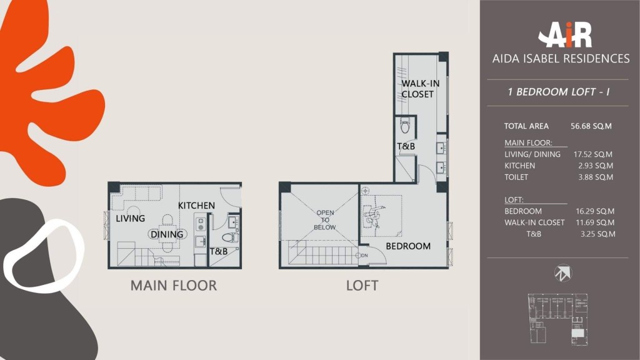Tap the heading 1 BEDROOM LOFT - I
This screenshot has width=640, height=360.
click(558, 92)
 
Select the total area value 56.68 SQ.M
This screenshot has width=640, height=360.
click(591, 126)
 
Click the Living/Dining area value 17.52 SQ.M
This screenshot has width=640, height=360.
click(592, 154)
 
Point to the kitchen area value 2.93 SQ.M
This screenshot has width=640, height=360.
click(596, 166)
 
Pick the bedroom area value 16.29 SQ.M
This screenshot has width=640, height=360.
click(595, 211)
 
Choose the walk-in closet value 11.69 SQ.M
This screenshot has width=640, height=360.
click(595, 223)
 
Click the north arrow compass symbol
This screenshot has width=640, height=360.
click(563, 273)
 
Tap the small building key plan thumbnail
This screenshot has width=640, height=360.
click(558, 319)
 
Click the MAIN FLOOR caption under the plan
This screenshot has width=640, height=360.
click(174, 286)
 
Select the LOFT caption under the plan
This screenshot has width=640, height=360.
click(362, 286)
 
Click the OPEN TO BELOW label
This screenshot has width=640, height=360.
click(325, 220)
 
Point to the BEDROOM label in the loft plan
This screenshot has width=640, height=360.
click(408, 246)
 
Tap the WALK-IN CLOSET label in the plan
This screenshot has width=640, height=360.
click(421, 89)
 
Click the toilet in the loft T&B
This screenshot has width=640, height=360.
click(405, 126)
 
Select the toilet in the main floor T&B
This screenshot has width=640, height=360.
click(230, 237)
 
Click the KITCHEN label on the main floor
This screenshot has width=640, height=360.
click(196, 205)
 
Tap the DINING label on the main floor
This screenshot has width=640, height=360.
click(167, 234)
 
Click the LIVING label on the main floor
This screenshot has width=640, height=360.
click(130, 218)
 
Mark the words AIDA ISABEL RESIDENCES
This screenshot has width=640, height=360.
click(561, 59)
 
